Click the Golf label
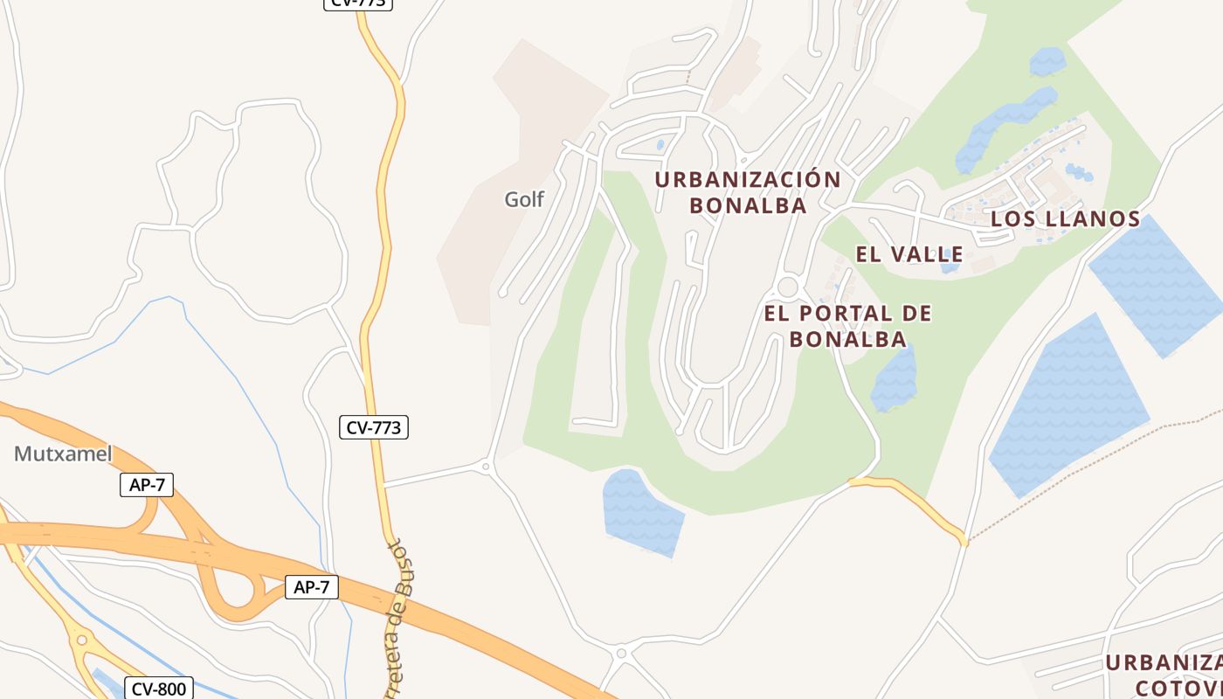524,199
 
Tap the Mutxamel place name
63,453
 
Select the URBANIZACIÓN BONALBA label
748,192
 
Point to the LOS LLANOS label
1065,218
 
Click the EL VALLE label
909,254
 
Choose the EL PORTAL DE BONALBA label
848,325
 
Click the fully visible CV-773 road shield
374,427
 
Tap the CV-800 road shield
158,689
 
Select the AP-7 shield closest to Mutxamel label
147,486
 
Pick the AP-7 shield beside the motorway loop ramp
311,587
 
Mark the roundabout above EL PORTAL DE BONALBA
788,287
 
